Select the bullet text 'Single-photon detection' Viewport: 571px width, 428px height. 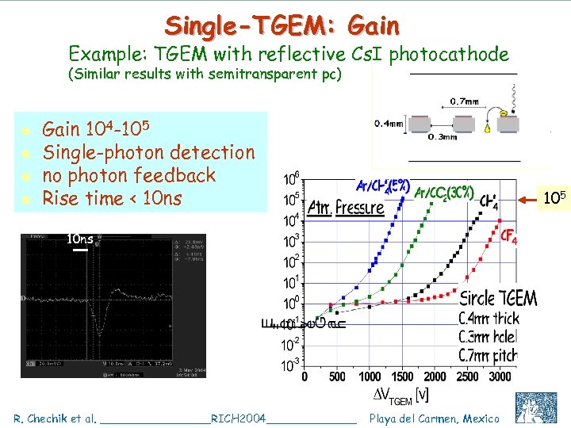pyautogui.click(x=148, y=151)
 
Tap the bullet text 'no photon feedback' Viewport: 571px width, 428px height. pyautogui.click(x=128, y=174)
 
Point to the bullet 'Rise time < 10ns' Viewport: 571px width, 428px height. pyautogui.click(x=112, y=197)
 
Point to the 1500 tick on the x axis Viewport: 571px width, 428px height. pyautogui.click(x=402, y=377)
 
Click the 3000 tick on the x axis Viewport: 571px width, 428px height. pyautogui.click(x=500, y=377)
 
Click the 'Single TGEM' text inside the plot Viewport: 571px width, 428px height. pyautogui.click(x=498, y=299)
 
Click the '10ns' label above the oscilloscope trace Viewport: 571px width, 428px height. pyautogui.click(x=80, y=238)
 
